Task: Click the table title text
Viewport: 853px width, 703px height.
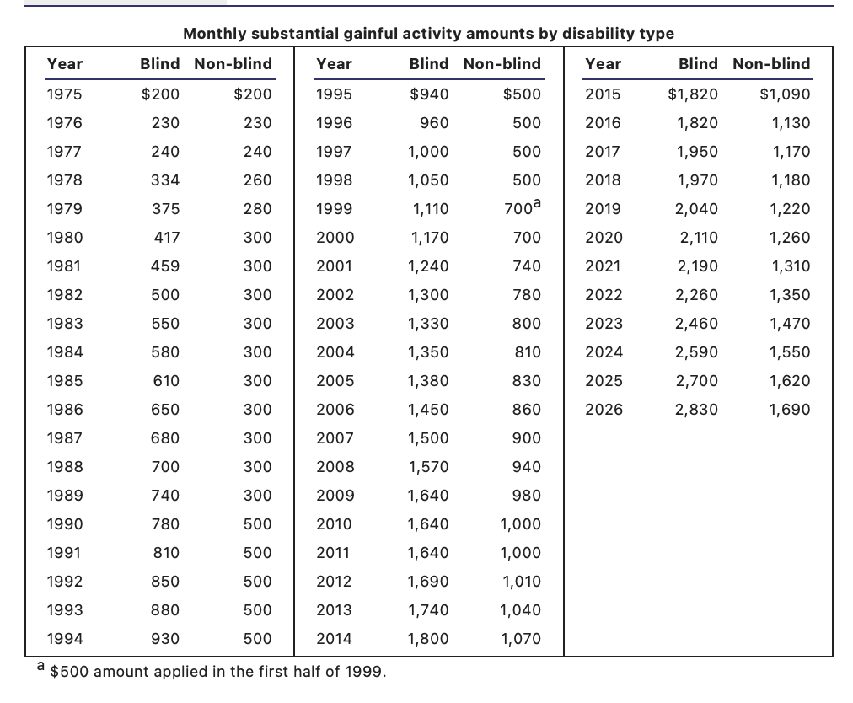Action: (x=429, y=34)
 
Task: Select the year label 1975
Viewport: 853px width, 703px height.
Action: (x=64, y=94)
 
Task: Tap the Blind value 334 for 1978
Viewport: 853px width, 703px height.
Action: (x=165, y=180)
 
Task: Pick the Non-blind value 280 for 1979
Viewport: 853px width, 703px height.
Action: (x=257, y=209)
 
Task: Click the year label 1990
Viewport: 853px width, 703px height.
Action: (x=65, y=524)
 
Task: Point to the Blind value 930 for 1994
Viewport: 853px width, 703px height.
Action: (x=165, y=639)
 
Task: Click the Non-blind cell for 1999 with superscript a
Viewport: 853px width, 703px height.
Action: (x=523, y=207)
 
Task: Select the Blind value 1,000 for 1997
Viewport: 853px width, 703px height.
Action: (x=429, y=151)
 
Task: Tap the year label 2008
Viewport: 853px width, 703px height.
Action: (x=335, y=467)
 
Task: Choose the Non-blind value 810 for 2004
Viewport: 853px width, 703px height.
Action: (x=528, y=352)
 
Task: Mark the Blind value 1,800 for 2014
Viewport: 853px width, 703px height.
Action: (x=429, y=639)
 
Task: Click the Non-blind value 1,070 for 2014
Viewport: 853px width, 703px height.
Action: (x=521, y=639)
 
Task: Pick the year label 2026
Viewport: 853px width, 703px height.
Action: (x=604, y=409)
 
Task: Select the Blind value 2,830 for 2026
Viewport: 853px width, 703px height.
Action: (x=697, y=409)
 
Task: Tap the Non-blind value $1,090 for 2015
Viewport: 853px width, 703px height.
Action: (x=785, y=94)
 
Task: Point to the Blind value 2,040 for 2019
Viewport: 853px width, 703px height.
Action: (x=697, y=209)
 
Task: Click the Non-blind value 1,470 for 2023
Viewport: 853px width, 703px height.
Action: (x=790, y=323)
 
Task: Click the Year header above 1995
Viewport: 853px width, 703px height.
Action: (x=334, y=64)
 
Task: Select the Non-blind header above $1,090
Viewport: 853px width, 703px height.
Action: (x=771, y=64)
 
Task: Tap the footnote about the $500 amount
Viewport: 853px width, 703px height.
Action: (x=212, y=670)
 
